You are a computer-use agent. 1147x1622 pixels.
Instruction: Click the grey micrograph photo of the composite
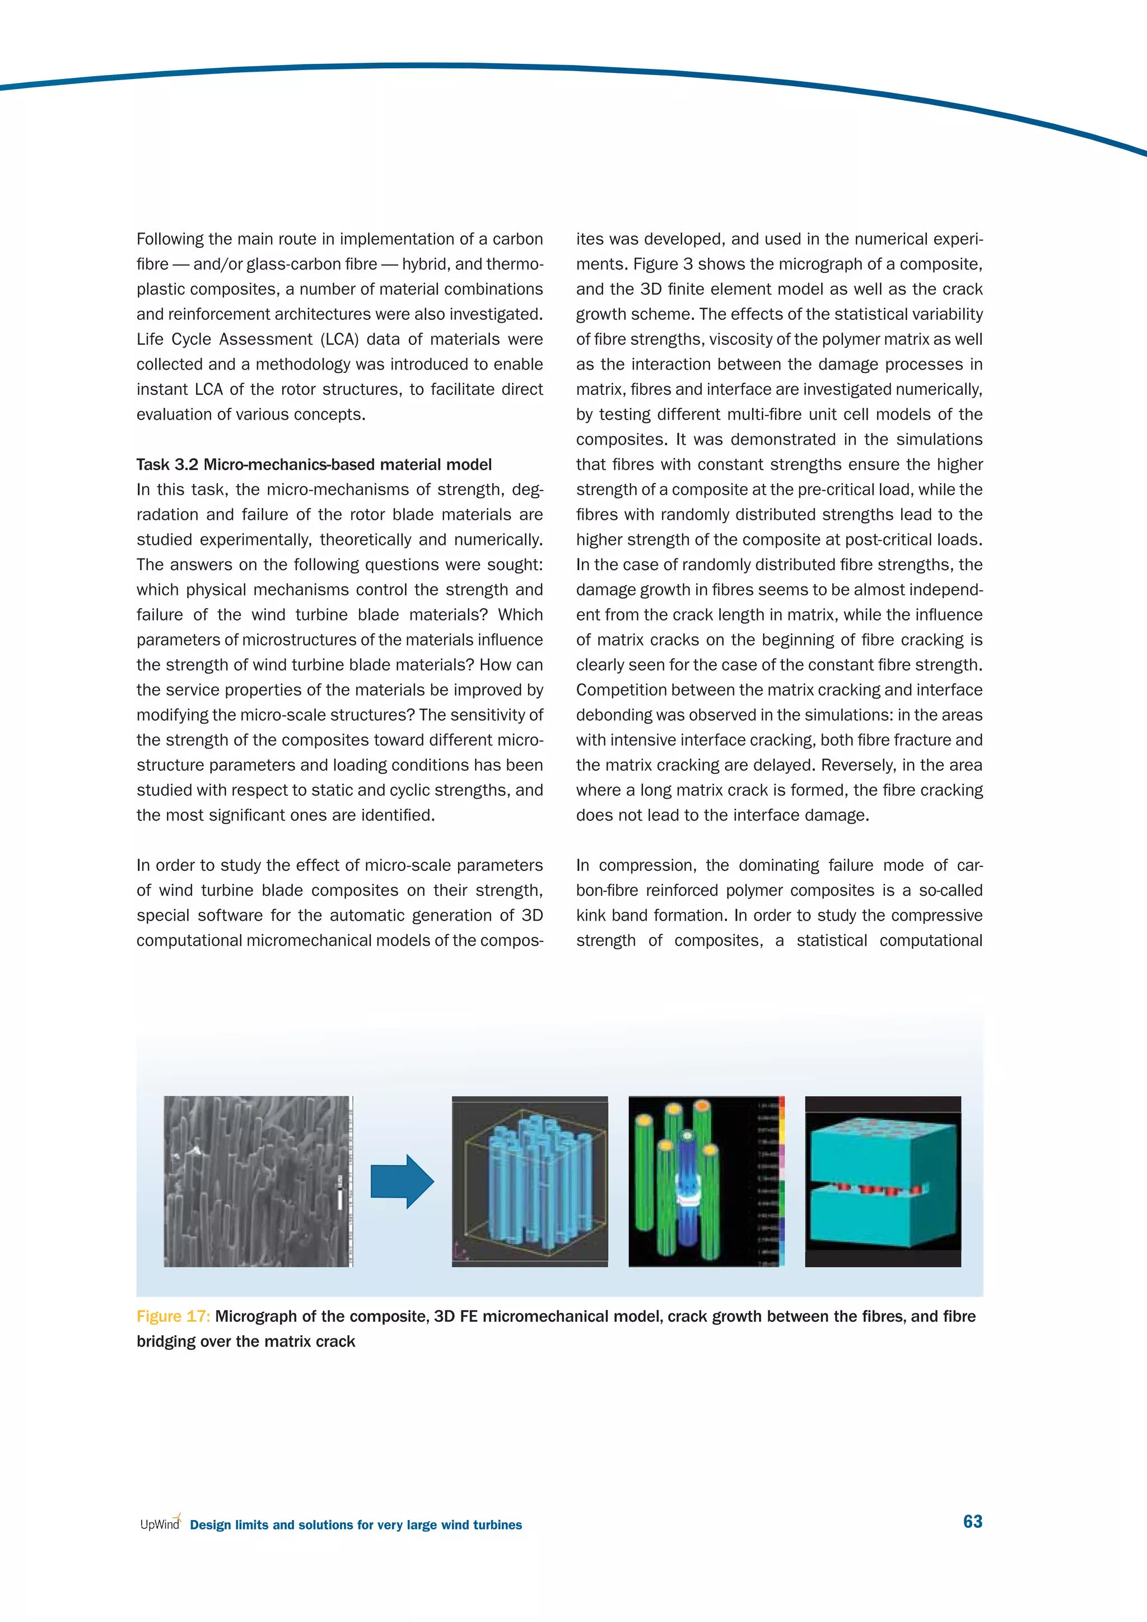point(257,1181)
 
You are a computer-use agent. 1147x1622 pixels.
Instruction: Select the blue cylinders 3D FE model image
point(530,1181)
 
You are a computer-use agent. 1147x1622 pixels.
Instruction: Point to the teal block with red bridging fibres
point(883,1181)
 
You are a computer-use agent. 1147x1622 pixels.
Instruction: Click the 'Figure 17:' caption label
point(173,1316)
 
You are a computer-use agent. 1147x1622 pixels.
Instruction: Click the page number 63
point(973,1521)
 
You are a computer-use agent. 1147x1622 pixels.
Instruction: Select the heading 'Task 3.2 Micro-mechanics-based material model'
point(314,465)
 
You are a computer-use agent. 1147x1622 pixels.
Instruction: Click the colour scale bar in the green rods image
point(781,1181)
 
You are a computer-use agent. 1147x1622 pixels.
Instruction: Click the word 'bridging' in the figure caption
point(166,1341)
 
